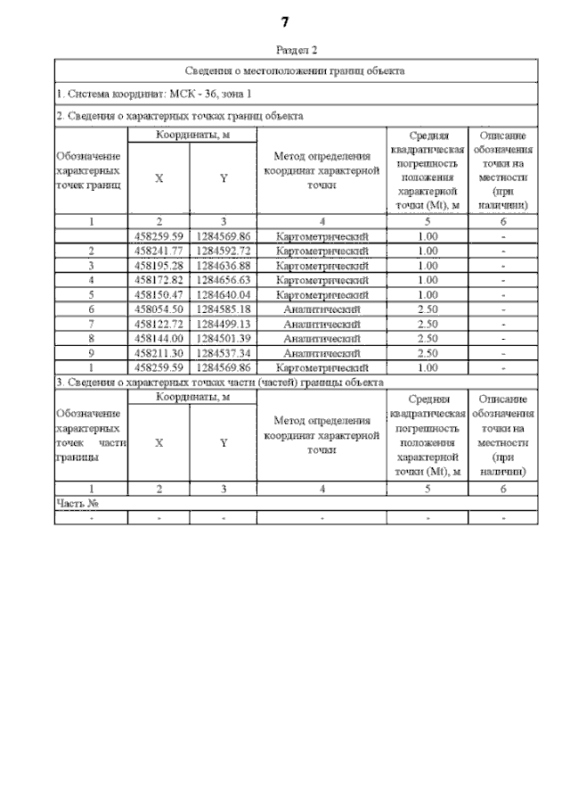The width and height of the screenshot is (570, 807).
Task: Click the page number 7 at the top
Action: pyautogui.click(x=285, y=21)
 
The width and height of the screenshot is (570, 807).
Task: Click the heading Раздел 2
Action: pyautogui.click(x=297, y=51)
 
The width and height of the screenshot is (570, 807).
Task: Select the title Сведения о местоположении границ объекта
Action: pyautogui.click(x=296, y=70)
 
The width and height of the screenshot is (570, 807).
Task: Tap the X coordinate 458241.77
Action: pyautogui.click(x=159, y=251)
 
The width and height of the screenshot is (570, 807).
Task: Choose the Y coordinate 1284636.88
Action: pyautogui.click(x=224, y=266)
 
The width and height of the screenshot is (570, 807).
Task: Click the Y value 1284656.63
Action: pyautogui.click(x=224, y=280)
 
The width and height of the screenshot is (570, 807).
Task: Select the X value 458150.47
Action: pyautogui.click(x=159, y=294)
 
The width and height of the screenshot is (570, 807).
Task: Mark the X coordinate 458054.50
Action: pyautogui.click(x=159, y=309)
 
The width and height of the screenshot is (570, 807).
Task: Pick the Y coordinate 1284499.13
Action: pyautogui.click(x=224, y=324)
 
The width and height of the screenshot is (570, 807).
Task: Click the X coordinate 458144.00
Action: pyautogui.click(x=159, y=338)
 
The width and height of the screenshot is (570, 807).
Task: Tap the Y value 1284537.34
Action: pyautogui.click(x=224, y=352)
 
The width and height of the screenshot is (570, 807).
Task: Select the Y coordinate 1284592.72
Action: pyautogui.click(x=224, y=251)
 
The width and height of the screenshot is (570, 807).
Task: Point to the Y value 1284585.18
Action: pyautogui.click(x=224, y=309)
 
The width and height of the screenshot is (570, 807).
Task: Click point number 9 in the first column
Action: pyautogui.click(x=91, y=352)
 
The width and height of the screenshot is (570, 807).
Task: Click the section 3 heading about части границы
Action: pyautogui.click(x=220, y=382)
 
